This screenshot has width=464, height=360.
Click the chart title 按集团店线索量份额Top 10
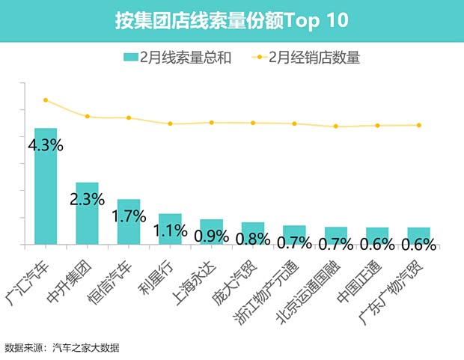click(x=231, y=20)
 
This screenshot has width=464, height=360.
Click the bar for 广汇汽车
click(x=46, y=186)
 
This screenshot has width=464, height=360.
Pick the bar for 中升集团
click(x=87, y=213)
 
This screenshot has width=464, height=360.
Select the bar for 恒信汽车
click(x=129, y=222)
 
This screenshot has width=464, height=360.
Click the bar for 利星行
click(x=170, y=229)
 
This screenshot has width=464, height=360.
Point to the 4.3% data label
click(x=45, y=145)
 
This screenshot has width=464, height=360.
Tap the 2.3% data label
click(x=88, y=200)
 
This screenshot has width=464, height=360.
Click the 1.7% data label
click(x=129, y=217)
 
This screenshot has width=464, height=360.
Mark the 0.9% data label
click(x=212, y=236)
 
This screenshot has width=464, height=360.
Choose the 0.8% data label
click(x=253, y=239)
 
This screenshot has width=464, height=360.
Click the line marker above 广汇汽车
click(x=46, y=100)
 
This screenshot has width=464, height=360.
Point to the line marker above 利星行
click(x=170, y=123)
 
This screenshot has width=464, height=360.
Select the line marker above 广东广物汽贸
click(x=418, y=125)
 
